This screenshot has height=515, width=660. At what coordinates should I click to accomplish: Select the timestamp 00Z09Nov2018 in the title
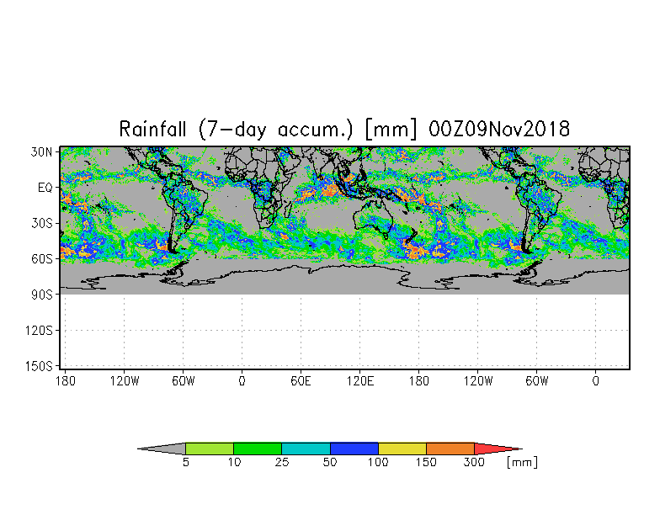pyautogui.click(x=499, y=130)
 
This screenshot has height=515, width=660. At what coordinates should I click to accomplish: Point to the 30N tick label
pyautogui.click(x=42, y=151)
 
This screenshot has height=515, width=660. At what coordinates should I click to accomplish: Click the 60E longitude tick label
pyautogui.click(x=301, y=381)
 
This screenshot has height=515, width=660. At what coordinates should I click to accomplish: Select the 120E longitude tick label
pyautogui.click(x=360, y=381)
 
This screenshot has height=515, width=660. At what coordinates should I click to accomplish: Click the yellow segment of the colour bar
pyautogui.click(x=402, y=449)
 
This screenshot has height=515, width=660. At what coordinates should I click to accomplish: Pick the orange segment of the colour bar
pyautogui.click(x=450, y=449)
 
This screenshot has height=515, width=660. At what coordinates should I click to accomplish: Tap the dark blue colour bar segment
pyautogui.click(x=354, y=449)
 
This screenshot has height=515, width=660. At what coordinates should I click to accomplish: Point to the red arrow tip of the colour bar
pyautogui.click(x=497, y=449)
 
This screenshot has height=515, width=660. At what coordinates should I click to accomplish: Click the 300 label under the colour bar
pyautogui.click(x=475, y=463)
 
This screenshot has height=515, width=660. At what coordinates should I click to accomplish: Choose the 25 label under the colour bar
pyautogui.click(x=282, y=463)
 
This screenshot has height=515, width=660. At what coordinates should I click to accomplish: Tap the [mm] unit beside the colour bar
pyautogui.click(x=522, y=463)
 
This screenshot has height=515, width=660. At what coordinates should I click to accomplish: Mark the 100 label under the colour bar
pyautogui.click(x=379, y=463)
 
